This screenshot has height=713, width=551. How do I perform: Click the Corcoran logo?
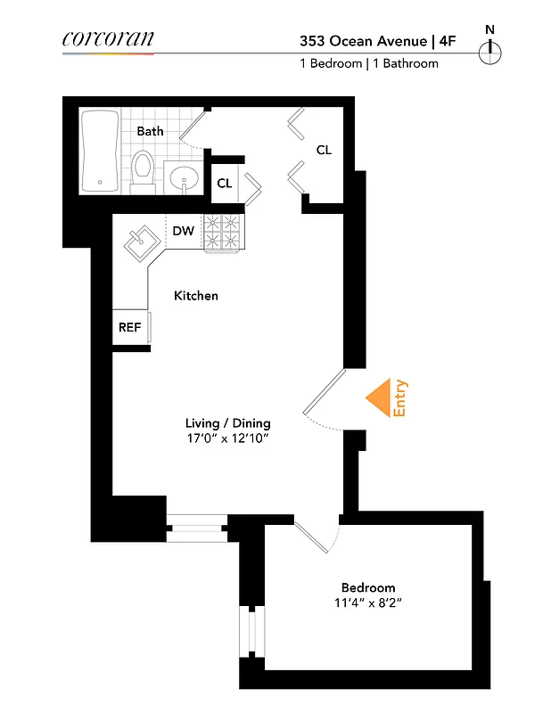[x=108, y=38]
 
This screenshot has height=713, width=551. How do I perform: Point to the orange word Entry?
[x=400, y=398]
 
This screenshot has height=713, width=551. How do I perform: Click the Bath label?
[x=150, y=131]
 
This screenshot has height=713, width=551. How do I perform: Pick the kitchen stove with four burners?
[x=222, y=232]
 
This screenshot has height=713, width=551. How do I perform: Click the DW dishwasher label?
[x=183, y=232]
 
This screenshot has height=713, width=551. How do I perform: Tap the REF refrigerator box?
[x=130, y=327]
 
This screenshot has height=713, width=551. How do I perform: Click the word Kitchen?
[x=195, y=296]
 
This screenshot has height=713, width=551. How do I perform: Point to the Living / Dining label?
[x=227, y=423]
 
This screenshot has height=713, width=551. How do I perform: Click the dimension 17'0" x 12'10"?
[x=227, y=439]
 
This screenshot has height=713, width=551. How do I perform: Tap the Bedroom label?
[x=368, y=588]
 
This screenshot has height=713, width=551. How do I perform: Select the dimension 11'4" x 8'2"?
[x=368, y=603]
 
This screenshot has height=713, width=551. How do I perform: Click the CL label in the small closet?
[x=225, y=184]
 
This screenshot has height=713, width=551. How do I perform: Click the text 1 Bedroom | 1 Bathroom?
[x=368, y=64]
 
